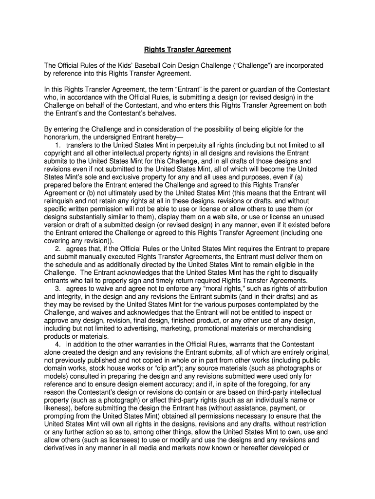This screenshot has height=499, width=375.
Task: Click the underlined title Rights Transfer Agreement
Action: tap(187, 50)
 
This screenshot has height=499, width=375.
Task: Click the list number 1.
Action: tap(58, 145)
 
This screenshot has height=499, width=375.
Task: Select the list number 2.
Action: tap(58, 249)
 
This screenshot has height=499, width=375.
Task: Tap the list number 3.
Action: tap(58, 288)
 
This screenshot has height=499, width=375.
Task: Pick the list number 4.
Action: tap(58, 344)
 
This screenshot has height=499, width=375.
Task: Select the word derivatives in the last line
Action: tap(63, 447)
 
